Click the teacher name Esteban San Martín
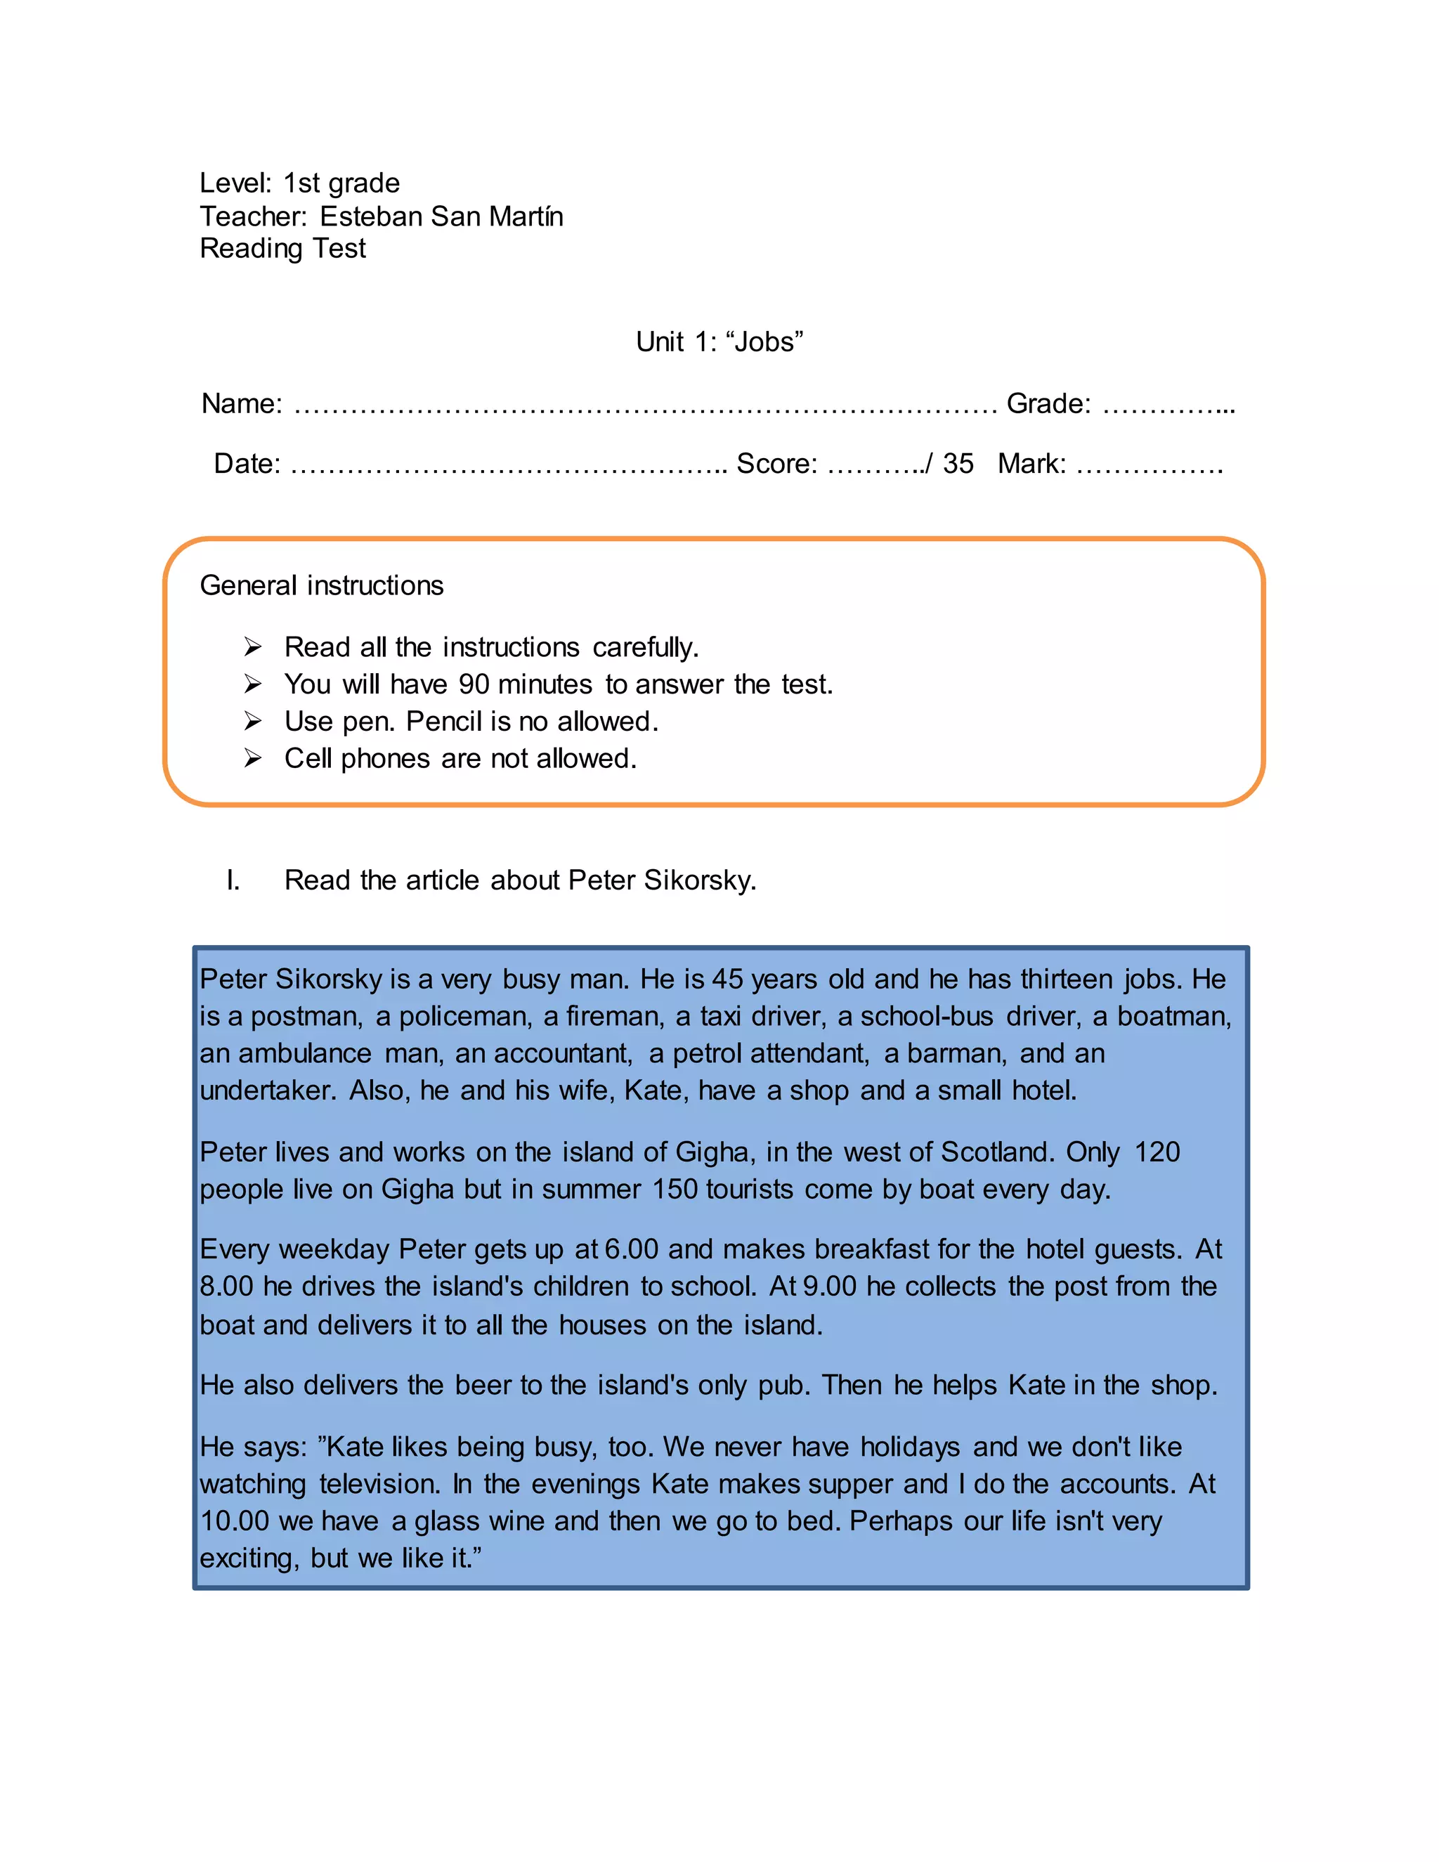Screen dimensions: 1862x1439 click(441, 216)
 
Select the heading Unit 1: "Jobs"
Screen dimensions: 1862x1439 click(719, 342)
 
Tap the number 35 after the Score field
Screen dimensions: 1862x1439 click(958, 464)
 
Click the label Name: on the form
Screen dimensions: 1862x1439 click(241, 403)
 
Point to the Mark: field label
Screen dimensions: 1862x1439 click(1031, 464)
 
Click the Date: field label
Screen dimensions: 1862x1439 click(247, 464)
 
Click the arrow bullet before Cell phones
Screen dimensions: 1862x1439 click(252, 758)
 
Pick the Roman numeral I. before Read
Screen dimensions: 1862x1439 click(233, 880)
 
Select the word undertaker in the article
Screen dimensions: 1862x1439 click(267, 1091)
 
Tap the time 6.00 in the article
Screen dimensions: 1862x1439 click(631, 1250)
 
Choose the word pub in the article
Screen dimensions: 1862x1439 click(783, 1386)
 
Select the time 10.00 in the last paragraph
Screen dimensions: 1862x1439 click(235, 1522)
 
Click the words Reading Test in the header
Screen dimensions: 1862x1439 click(282, 249)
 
